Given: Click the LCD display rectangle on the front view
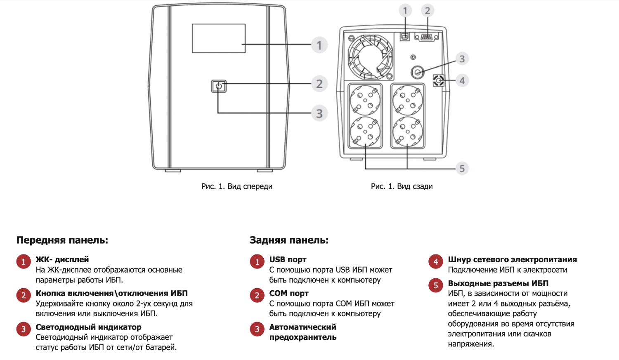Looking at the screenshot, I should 219,38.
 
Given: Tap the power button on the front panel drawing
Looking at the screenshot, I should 219,86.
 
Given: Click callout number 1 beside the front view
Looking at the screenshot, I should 319,45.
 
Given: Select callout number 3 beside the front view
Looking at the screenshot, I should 319,113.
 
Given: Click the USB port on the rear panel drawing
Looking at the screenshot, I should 405,37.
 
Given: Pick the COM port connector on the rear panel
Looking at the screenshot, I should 427,37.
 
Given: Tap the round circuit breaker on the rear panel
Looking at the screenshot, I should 418,73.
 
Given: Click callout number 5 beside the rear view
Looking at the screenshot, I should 462,168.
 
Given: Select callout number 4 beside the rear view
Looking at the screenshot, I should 462,81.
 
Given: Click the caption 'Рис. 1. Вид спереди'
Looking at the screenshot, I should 237,186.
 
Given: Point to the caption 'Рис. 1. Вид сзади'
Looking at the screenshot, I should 402,186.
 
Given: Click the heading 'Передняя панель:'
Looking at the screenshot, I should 62,240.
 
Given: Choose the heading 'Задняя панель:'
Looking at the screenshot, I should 289,240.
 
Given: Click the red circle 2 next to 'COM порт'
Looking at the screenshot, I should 257,295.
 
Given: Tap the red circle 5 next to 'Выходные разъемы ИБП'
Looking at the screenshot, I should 436,285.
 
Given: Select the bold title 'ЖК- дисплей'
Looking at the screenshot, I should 62,260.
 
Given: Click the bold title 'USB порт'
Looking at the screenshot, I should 288,260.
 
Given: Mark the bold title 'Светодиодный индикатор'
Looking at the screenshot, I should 88,327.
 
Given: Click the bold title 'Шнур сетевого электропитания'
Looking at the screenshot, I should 512,260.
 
